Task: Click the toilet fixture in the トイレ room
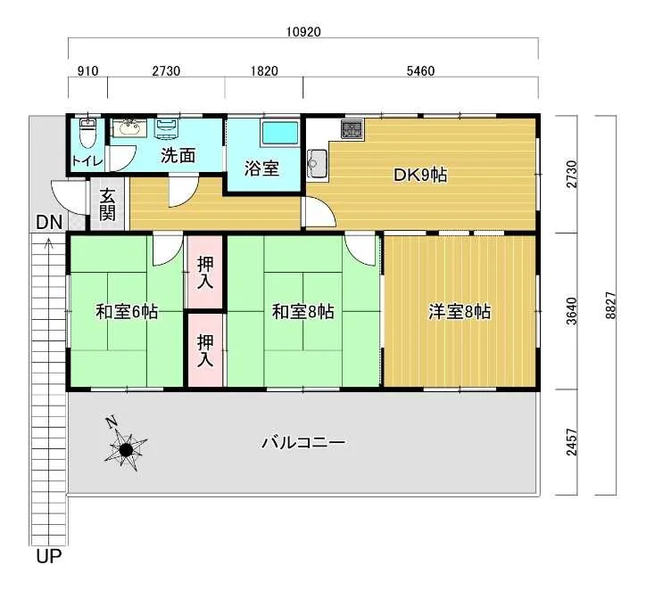[x=87, y=133]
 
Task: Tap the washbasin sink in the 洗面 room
[x=128, y=127]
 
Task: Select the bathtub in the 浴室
[x=280, y=133]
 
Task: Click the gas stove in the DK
[x=352, y=128]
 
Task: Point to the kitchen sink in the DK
[x=318, y=164]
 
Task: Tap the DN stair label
[x=49, y=223]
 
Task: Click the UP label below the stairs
[x=48, y=556]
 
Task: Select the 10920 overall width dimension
[x=303, y=32]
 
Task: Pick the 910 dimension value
[x=88, y=71]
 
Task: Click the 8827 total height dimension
[x=610, y=306]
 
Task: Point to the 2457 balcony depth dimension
[x=571, y=442]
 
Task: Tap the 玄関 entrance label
[x=107, y=205]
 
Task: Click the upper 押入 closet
[x=205, y=272]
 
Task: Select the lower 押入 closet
[x=205, y=350]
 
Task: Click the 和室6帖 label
[x=127, y=311]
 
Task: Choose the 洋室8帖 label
[x=460, y=311]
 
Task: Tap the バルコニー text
[x=303, y=443]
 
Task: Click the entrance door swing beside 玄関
[x=68, y=197]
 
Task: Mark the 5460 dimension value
[x=420, y=71]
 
